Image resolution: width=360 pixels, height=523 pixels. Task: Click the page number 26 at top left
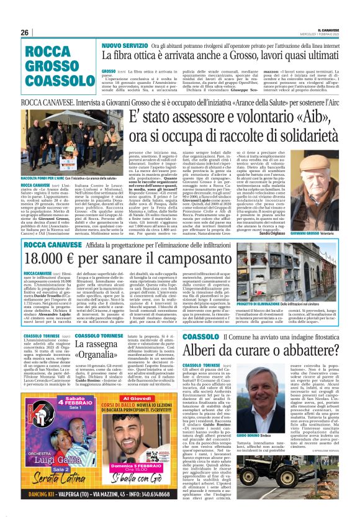coord(25,32)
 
